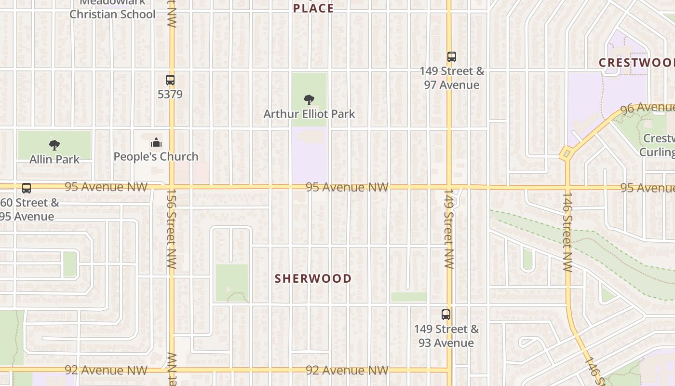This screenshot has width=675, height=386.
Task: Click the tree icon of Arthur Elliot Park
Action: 309,100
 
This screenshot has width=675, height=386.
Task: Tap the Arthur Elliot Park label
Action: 309,114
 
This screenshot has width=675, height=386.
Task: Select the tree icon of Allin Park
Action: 54,145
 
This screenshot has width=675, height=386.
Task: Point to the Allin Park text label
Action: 54,159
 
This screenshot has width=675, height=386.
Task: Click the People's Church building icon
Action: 156,142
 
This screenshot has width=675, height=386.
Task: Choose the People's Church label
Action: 156,156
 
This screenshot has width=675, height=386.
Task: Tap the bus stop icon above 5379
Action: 170,80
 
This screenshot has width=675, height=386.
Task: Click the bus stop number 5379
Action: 170,94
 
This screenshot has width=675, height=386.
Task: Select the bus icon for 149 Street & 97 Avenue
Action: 451,57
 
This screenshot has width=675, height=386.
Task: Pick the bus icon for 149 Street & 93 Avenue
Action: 446,315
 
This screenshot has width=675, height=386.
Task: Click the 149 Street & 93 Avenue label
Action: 446,336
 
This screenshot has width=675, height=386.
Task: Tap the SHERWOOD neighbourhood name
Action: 313,278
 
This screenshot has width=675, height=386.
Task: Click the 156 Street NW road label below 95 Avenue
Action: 172,228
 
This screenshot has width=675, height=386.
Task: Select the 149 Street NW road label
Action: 449,229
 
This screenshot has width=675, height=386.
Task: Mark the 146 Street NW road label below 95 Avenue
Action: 567,232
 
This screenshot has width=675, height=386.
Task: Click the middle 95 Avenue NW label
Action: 347,187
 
